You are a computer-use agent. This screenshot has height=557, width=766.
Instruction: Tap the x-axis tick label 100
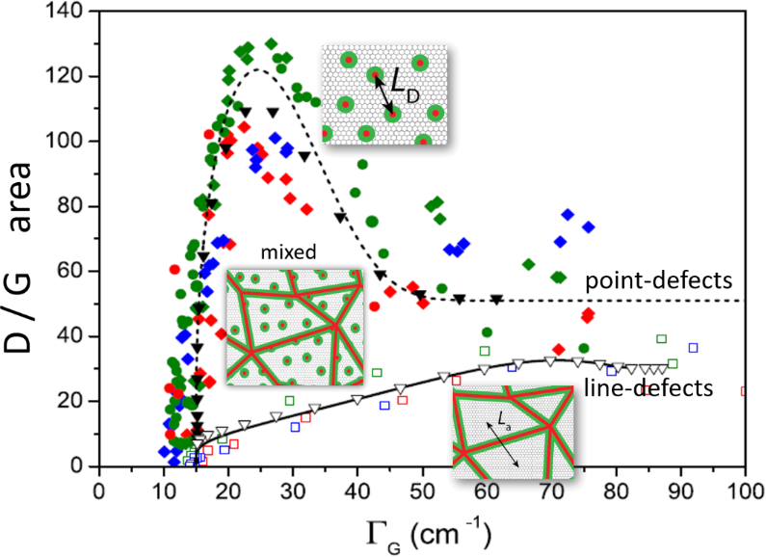click(x=743, y=490)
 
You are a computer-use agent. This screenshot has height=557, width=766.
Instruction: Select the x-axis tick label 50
click(x=421, y=490)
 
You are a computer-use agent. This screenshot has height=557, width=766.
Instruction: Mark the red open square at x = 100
click(x=745, y=391)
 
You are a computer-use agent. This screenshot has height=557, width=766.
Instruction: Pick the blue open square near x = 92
click(x=692, y=348)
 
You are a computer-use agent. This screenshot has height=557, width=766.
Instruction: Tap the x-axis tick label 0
click(x=98, y=490)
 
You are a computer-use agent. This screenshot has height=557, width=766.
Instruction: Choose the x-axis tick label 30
click(x=292, y=490)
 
